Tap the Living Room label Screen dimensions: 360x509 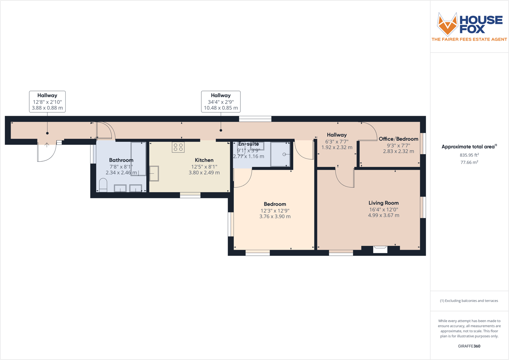[x=383, y=203]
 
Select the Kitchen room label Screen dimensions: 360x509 [x=204, y=160]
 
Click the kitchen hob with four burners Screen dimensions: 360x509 [x=178, y=147]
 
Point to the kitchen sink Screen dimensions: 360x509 [x=154, y=174]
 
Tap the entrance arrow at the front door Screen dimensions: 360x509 [x=47, y=145]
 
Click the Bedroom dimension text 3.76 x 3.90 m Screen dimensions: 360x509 [x=275, y=217]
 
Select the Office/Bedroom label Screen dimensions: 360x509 [x=398, y=139]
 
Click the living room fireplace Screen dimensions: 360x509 [x=380, y=249]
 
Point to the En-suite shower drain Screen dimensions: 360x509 [x=284, y=154]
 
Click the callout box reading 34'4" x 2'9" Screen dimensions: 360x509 [x=221, y=102]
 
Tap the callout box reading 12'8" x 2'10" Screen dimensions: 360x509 [x=47, y=102]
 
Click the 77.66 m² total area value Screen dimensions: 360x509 [x=469, y=162]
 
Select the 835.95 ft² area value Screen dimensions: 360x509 [x=469, y=155]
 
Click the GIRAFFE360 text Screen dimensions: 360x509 [x=469, y=346]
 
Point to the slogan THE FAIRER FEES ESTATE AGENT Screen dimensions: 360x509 [x=469, y=39]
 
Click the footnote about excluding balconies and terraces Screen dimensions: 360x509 [x=469, y=301]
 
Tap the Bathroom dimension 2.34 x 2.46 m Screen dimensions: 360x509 [x=121, y=173]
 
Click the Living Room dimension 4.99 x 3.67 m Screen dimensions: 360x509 [x=383, y=215]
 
